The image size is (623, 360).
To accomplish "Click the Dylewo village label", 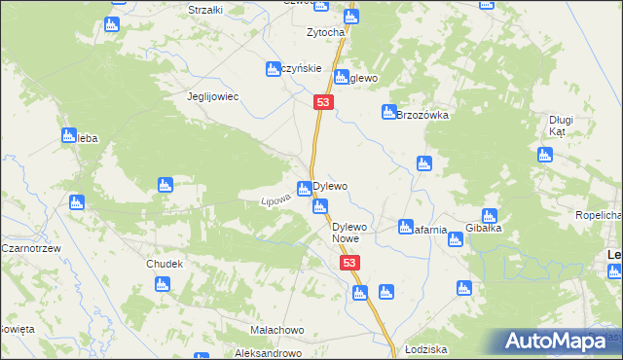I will click(331, 185).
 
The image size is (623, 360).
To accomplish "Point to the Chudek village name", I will click(165, 264).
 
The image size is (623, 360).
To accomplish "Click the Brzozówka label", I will click(422, 115).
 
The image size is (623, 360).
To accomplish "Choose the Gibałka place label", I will click(483, 230).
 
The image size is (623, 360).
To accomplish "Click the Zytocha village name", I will click(325, 32).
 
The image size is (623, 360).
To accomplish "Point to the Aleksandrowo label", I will click(269, 351).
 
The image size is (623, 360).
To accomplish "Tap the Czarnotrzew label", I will click(31, 248).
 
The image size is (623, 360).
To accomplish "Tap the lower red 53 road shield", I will click(350, 264).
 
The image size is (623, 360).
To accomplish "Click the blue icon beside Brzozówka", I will click(388, 112).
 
